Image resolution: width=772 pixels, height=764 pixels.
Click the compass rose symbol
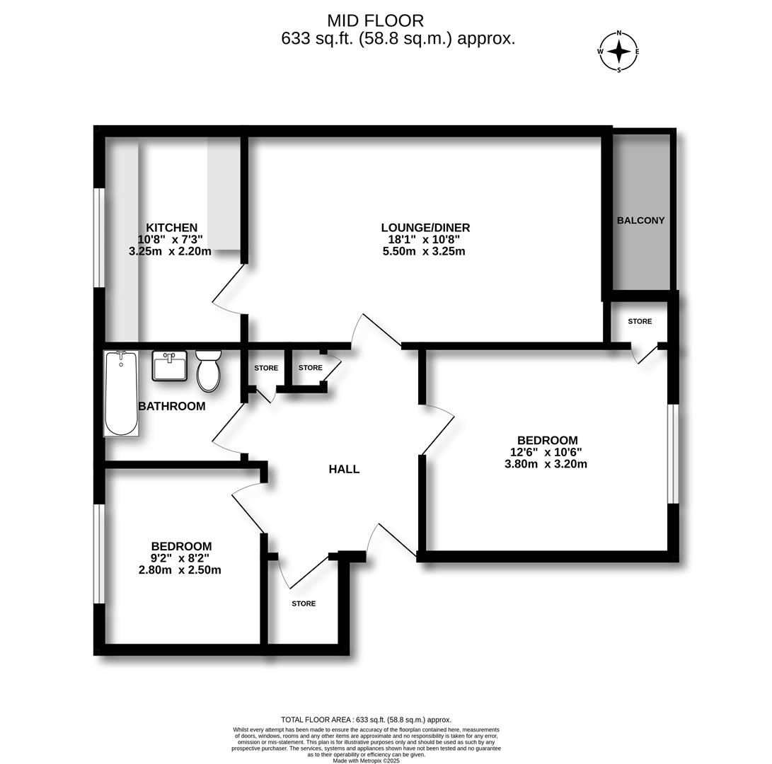(619, 52)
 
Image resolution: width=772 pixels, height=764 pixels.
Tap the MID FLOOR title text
(375, 21)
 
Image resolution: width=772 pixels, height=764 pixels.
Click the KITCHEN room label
(171, 228)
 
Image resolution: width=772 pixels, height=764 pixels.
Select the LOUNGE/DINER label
(425, 228)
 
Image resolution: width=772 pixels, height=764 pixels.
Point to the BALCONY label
(640, 220)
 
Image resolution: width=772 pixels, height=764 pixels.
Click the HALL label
(344, 469)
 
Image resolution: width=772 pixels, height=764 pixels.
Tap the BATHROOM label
(172, 406)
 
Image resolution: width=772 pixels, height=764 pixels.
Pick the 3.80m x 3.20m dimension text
(546, 465)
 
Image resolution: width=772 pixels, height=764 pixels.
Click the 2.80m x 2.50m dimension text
(180, 570)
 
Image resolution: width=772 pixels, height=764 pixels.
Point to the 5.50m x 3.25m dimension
(424, 251)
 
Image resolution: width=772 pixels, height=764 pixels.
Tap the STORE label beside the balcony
(640, 321)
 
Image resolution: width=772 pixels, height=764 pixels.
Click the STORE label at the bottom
(304, 603)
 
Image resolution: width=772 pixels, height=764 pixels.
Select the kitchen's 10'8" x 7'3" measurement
(170, 239)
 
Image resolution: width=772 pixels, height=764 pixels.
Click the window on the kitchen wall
(100, 238)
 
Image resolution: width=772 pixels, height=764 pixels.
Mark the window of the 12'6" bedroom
(673, 453)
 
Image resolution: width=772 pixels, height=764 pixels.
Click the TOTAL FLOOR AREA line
(366, 720)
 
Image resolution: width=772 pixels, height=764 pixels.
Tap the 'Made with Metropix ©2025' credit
(366, 760)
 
